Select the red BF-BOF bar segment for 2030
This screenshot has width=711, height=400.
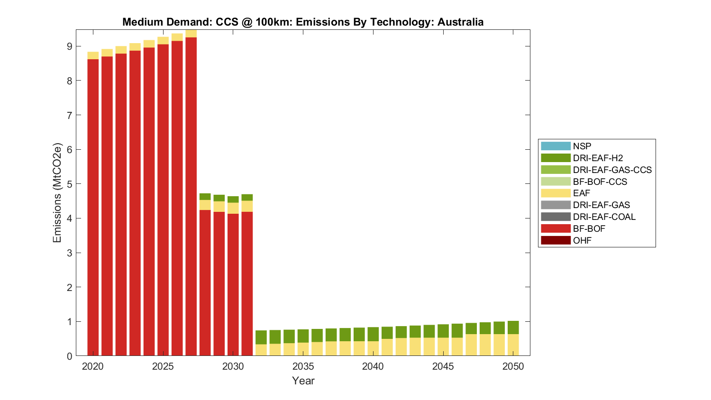coord(233,284)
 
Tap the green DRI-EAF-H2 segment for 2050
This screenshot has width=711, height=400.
coord(513,327)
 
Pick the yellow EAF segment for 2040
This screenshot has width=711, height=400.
coord(373,348)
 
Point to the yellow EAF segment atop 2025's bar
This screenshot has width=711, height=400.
coord(163,40)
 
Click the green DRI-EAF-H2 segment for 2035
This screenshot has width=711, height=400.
coord(303,336)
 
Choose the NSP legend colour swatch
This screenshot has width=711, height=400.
coord(556,146)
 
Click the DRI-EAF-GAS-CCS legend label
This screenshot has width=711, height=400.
coord(612,170)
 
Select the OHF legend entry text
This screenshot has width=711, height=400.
coord(582,240)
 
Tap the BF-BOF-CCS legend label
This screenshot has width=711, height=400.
coord(600,182)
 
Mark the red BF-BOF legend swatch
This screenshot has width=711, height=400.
coord(556,228)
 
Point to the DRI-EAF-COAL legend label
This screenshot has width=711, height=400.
coord(604,217)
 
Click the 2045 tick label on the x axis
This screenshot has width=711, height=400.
coord(443,366)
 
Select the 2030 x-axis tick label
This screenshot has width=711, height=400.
coord(233,366)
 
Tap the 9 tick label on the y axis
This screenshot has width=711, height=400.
coord(70,46)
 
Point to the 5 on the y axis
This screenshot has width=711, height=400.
coord(70,184)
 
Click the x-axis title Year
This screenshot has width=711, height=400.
coord(303,381)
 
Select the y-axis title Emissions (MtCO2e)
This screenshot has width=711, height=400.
coord(57,192)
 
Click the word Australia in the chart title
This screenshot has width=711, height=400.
coord(460,22)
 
